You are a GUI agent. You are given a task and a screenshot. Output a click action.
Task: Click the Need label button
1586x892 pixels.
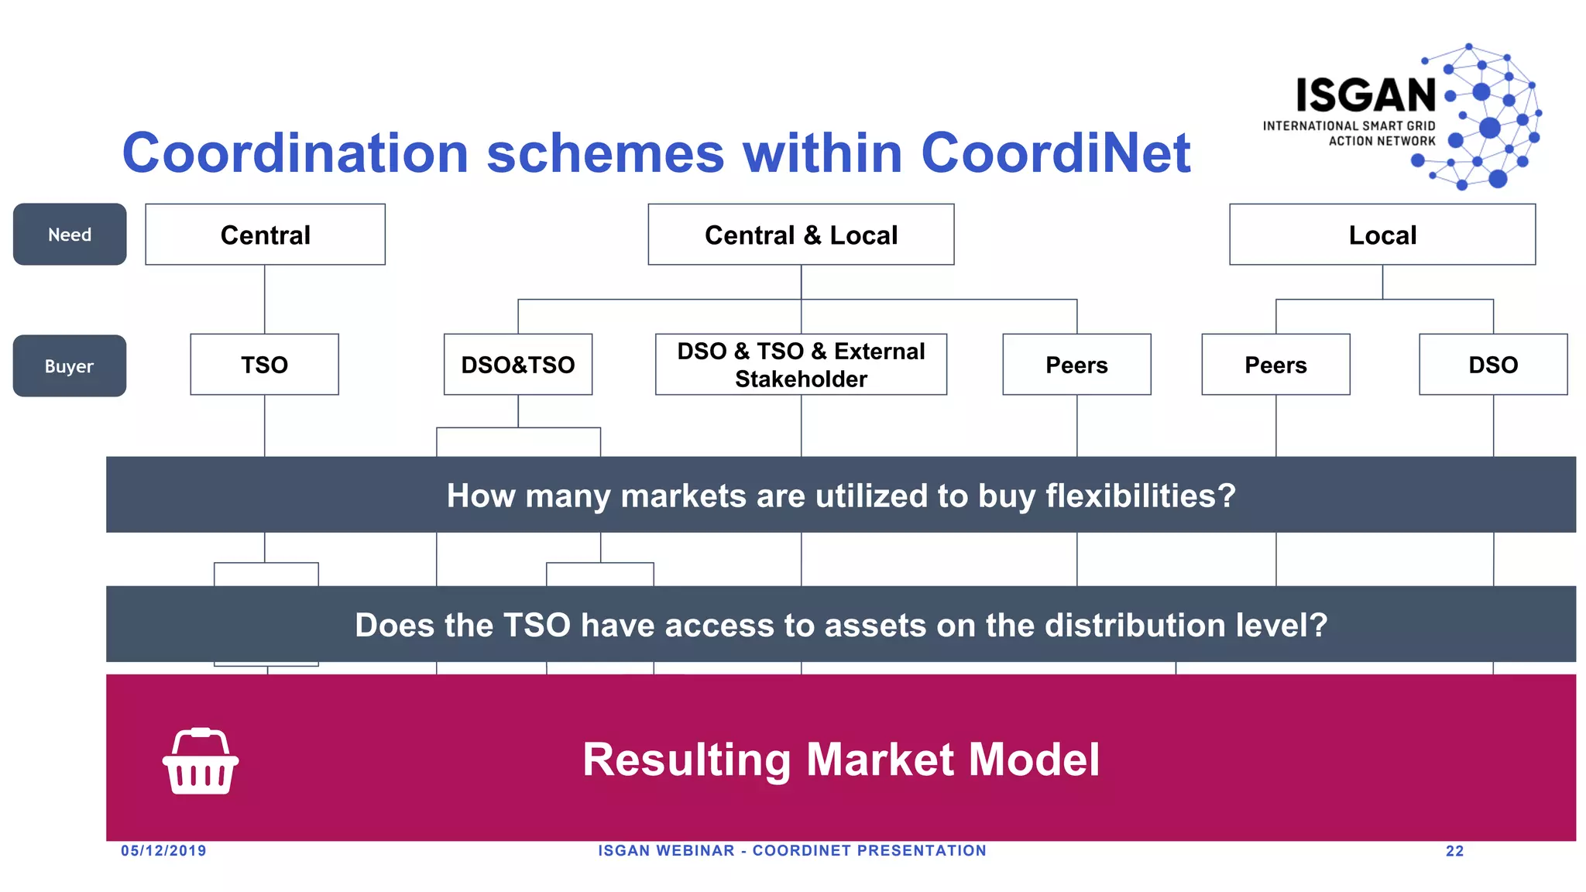(70, 235)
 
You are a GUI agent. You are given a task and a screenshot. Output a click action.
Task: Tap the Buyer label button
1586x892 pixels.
(70, 366)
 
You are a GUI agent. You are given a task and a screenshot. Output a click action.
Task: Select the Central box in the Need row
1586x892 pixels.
(265, 235)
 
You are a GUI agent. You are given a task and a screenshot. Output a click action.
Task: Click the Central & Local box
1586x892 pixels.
(801, 235)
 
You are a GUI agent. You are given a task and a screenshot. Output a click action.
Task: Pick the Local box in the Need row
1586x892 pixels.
(1382, 235)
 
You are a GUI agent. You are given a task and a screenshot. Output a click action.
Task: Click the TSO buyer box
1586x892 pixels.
(264, 365)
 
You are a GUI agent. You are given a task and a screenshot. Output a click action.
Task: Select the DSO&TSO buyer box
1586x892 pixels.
(517, 365)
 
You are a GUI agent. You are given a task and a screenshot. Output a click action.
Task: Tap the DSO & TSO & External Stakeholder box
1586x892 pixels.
(801, 365)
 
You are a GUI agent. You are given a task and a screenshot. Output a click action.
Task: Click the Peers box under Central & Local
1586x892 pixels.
(1076, 365)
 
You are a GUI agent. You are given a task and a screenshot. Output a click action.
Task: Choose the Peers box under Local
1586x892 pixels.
(1275, 365)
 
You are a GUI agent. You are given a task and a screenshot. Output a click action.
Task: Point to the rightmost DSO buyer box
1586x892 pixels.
(1493, 365)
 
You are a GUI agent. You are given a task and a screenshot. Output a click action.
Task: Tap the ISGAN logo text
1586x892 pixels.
(1366, 96)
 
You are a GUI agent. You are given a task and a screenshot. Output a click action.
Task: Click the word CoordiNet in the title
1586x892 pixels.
(1055, 153)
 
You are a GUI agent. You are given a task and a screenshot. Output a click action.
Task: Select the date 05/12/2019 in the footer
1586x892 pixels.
(163, 851)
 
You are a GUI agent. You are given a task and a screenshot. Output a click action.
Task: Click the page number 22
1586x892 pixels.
(1454, 851)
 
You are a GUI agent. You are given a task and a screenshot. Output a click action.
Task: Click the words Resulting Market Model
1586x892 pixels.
(841, 760)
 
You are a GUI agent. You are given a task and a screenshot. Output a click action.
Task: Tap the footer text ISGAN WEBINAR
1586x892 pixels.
(666, 851)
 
